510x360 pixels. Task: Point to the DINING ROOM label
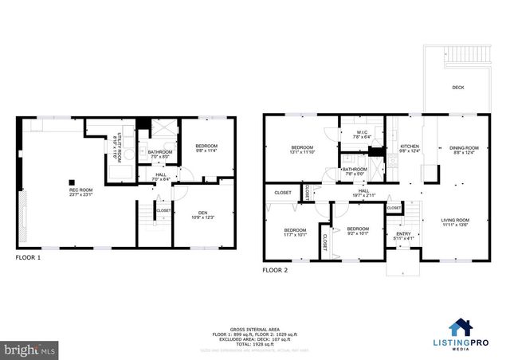coord(464,148)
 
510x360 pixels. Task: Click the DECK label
coord(458,88)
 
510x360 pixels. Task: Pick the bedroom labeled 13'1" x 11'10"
coord(302,149)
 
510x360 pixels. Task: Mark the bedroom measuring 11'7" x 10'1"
coord(294,233)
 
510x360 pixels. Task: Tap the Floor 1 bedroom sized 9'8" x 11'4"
coord(206,148)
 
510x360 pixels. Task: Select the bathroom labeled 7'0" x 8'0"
coord(160,154)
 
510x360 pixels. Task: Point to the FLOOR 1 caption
coord(28,258)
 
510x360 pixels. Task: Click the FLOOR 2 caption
coord(275,270)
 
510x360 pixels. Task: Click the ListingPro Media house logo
coord(459,327)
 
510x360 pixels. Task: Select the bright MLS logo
coord(30,349)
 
